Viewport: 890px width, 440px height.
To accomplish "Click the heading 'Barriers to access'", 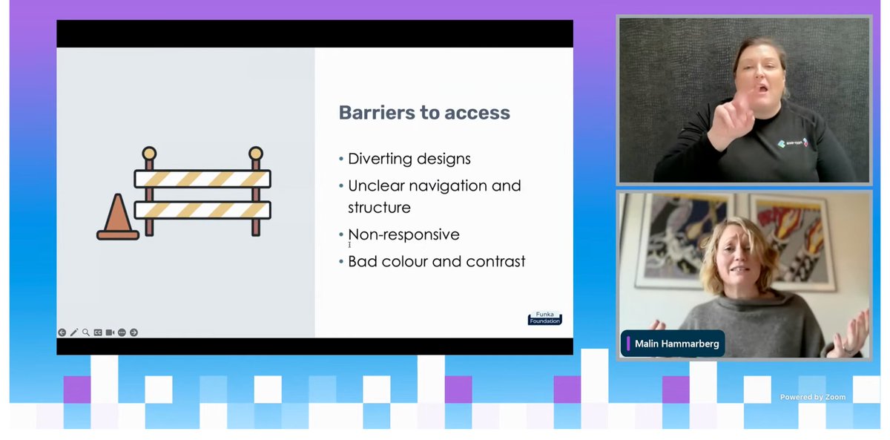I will tap(424, 113).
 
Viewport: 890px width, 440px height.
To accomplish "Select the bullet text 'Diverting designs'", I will tap(409, 159).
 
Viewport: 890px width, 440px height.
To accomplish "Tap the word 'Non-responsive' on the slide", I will tap(403, 234).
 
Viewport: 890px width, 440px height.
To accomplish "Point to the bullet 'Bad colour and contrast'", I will tap(436, 261).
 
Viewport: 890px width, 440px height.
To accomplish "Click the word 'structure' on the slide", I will tap(379, 207).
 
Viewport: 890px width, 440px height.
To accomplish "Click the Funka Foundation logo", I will tap(544, 318).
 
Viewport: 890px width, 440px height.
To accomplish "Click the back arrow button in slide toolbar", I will tap(62, 332).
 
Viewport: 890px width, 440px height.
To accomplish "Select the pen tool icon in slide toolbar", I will tap(74, 332).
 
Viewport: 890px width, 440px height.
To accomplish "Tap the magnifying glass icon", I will tap(86, 332).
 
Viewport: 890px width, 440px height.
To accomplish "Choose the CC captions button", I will tap(98, 332).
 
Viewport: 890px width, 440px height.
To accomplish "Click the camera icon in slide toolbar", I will tap(110, 332).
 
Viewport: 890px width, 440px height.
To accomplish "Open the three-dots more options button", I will tap(122, 332).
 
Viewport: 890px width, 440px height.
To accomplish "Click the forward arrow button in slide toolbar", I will tap(133, 332).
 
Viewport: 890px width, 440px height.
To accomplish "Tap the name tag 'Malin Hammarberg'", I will tap(671, 344).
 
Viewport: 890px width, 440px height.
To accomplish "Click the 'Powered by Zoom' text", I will tap(812, 397).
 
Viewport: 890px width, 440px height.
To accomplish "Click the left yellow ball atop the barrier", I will tap(149, 154).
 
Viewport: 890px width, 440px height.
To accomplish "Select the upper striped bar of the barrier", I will tap(202, 179).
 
